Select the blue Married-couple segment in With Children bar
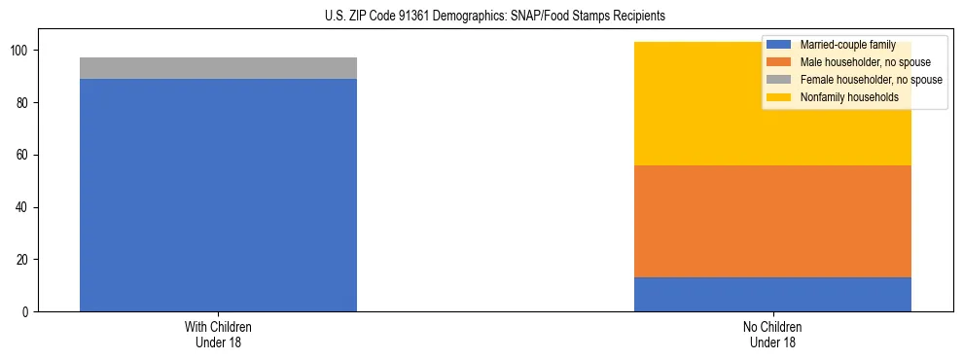point(218,195)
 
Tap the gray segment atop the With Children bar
point(218,68)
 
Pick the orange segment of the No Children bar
point(772,222)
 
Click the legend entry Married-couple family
point(846,45)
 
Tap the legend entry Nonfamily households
point(848,97)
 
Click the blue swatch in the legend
point(779,45)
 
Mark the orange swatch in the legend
point(779,62)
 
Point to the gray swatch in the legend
point(779,80)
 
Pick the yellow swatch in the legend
point(779,97)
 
